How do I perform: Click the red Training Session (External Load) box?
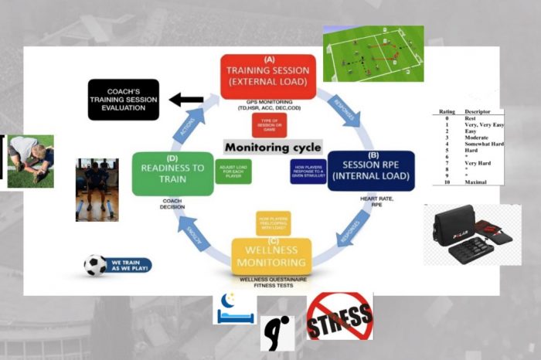[269, 76]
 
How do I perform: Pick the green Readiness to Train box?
[172, 173]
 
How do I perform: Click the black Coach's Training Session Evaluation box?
[123, 99]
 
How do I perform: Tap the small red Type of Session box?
[269, 124]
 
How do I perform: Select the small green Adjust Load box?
[233, 172]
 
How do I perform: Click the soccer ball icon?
[95, 266]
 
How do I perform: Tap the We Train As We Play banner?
[128, 266]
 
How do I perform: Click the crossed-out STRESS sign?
[339, 316]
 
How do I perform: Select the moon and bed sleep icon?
[235, 308]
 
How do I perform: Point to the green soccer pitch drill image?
[373, 54]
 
